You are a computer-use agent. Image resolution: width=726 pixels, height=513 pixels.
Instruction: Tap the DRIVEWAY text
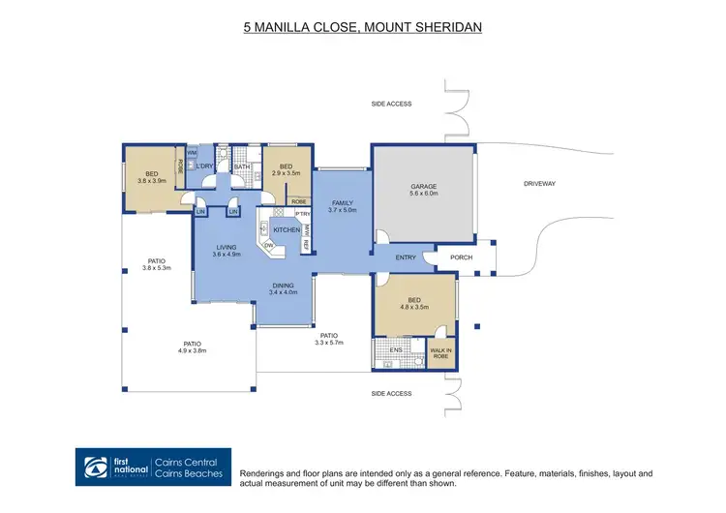click(x=540, y=183)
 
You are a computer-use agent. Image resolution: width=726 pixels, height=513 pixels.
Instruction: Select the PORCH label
click(x=461, y=257)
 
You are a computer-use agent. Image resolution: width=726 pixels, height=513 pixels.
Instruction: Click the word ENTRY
click(x=407, y=257)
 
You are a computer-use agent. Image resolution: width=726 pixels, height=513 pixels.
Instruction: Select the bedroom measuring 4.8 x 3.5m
click(x=414, y=306)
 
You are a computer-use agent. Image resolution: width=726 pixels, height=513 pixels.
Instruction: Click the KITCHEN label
click(x=287, y=230)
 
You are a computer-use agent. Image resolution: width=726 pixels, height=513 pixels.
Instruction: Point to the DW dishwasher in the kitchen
click(x=268, y=246)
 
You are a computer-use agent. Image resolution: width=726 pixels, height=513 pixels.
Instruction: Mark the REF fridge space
click(x=306, y=245)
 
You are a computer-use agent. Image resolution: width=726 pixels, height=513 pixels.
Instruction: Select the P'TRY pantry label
click(x=303, y=214)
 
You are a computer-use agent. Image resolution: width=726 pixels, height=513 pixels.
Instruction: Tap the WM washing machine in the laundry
click(x=192, y=153)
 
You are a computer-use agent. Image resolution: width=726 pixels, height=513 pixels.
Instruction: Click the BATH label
click(x=242, y=167)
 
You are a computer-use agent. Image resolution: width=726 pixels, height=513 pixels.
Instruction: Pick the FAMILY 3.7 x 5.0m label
click(x=343, y=206)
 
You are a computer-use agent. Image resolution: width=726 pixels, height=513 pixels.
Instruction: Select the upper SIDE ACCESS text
click(x=392, y=104)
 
